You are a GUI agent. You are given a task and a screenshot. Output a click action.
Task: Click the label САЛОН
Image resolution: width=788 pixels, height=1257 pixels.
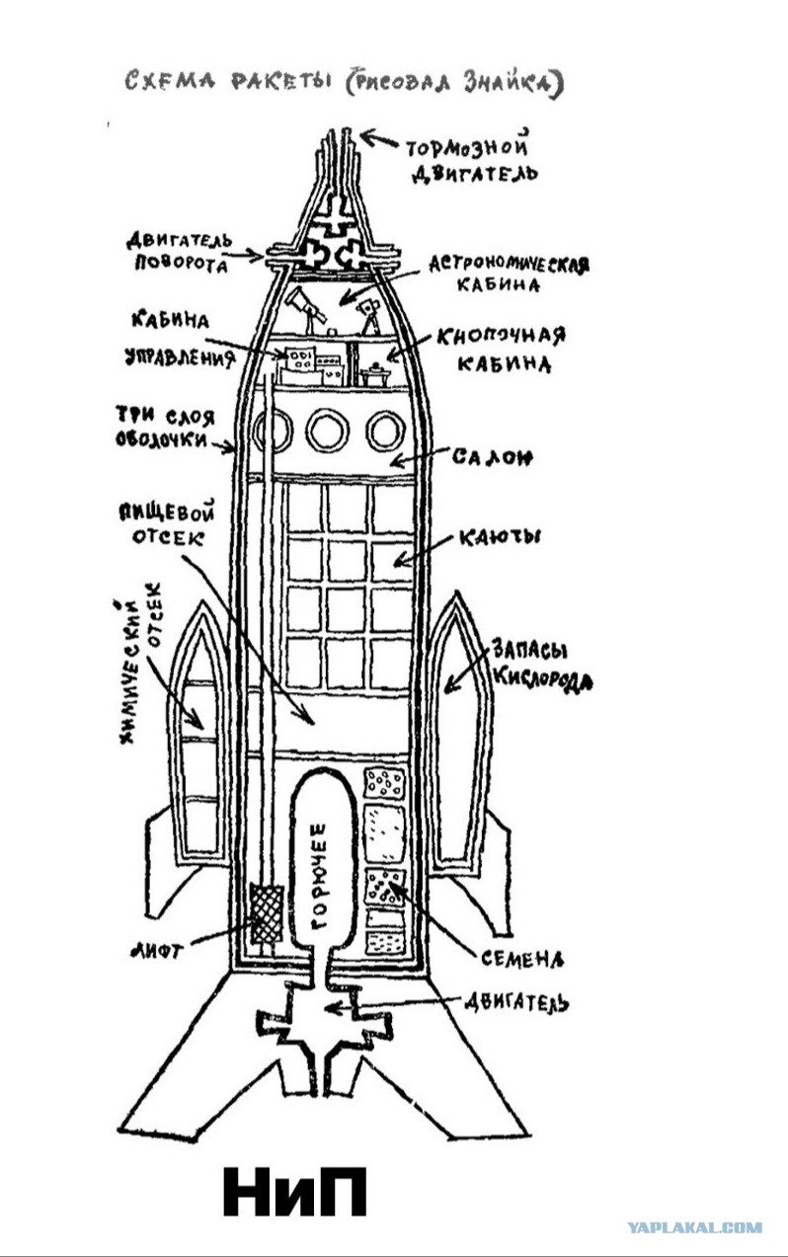493,457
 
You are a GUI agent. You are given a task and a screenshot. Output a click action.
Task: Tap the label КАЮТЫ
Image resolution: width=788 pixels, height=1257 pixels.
500,537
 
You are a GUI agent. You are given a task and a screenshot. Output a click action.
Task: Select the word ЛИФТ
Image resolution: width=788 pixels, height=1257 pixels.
157,950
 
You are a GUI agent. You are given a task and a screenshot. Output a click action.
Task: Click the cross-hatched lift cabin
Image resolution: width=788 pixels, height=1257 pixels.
266,914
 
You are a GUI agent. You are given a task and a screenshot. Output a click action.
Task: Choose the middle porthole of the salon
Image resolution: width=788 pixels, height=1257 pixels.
328,431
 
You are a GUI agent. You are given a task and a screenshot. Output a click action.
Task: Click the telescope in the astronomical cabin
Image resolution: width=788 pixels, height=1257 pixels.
306,309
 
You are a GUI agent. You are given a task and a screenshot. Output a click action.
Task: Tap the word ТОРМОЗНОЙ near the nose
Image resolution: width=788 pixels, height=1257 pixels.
467,147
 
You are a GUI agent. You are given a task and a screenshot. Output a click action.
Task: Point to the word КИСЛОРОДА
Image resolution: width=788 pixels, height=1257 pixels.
542,679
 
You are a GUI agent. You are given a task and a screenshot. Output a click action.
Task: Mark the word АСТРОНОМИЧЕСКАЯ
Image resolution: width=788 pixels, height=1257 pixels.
510,264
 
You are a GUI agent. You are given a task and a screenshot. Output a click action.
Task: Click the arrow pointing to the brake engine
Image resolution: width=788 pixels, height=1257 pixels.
380,138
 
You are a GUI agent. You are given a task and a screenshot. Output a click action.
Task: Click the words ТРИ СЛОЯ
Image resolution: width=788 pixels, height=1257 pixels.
165,416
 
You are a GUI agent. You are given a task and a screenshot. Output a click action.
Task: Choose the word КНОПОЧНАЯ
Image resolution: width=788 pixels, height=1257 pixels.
501,336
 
